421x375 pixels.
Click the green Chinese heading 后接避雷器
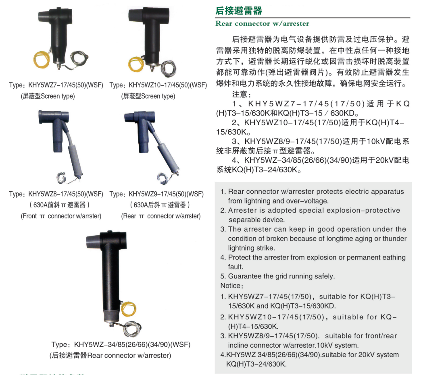point(239,10)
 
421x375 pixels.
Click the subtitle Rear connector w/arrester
point(263,24)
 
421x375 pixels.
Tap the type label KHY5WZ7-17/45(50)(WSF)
point(66,85)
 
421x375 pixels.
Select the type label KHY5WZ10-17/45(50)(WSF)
point(168,85)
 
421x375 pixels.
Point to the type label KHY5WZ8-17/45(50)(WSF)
point(66,194)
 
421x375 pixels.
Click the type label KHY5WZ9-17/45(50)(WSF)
point(166,194)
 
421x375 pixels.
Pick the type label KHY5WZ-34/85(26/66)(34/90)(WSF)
point(132,344)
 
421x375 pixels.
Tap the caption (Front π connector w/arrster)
point(61,216)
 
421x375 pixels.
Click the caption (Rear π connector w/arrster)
point(161,216)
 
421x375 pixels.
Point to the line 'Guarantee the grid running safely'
point(281,276)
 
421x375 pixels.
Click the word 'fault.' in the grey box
point(236,267)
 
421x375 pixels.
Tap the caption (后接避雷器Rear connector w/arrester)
point(110,355)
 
